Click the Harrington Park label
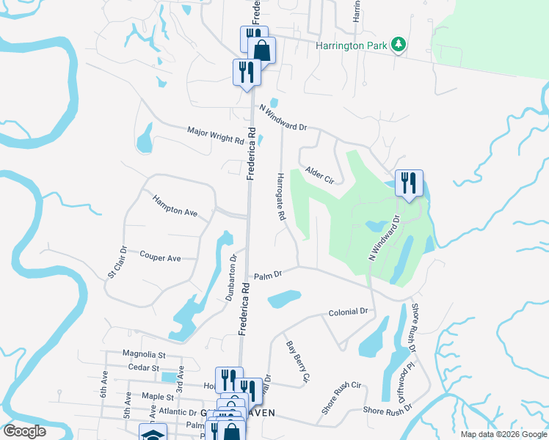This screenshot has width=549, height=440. point(352,45)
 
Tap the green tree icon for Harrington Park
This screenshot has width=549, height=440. point(399,45)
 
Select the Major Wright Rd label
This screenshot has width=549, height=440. point(215,135)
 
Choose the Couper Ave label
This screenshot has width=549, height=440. point(160,258)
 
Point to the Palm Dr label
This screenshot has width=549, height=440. point(268,276)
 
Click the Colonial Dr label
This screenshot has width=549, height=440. point(348,312)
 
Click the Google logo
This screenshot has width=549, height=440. point(24,431)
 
